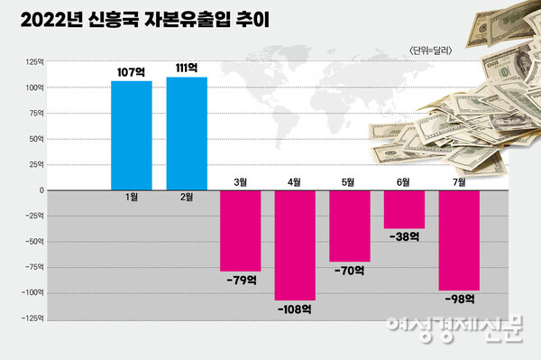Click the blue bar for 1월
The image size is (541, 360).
click(131, 135)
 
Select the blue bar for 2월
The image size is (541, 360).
click(187, 134)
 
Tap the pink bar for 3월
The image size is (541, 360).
click(240, 231)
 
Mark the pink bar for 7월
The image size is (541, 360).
click(459, 241)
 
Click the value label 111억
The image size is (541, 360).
click(187, 68)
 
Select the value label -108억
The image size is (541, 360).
click(295, 309)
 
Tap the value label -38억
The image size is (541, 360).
click(404, 238)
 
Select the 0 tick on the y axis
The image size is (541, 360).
click(40, 190)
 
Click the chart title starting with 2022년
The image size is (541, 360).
click(149, 19)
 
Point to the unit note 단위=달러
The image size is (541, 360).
click(429, 50)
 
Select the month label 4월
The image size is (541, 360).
click(294, 181)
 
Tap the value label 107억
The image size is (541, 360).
click(131, 70)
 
